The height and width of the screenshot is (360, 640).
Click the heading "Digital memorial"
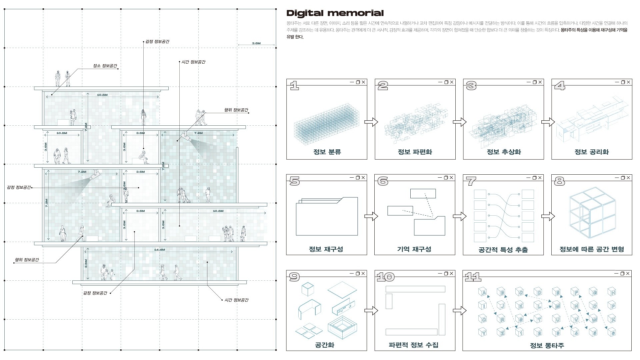click(335, 13)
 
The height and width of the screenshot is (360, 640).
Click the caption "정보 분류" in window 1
click(327, 152)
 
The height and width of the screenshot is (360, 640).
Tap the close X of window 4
click(629, 82)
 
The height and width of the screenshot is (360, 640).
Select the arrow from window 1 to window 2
click(371, 122)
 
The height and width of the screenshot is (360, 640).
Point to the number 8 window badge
click(559, 181)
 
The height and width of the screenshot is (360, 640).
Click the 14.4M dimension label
click(160, 250)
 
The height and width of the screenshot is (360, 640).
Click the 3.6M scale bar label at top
click(256, 43)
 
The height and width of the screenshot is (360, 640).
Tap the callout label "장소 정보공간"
click(105, 66)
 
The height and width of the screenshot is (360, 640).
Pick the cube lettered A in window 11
click(483, 293)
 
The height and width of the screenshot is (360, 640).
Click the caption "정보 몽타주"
click(547, 345)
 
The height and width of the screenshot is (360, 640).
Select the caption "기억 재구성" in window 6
click(414, 249)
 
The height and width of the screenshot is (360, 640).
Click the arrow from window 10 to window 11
click(459, 311)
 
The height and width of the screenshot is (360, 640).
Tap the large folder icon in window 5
click(327, 216)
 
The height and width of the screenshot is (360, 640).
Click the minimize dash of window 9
click(352, 274)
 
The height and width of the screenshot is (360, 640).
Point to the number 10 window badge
click(385, 277)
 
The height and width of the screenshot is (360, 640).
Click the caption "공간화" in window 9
click(324, 345)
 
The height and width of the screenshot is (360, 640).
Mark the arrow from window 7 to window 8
click(547, 216)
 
